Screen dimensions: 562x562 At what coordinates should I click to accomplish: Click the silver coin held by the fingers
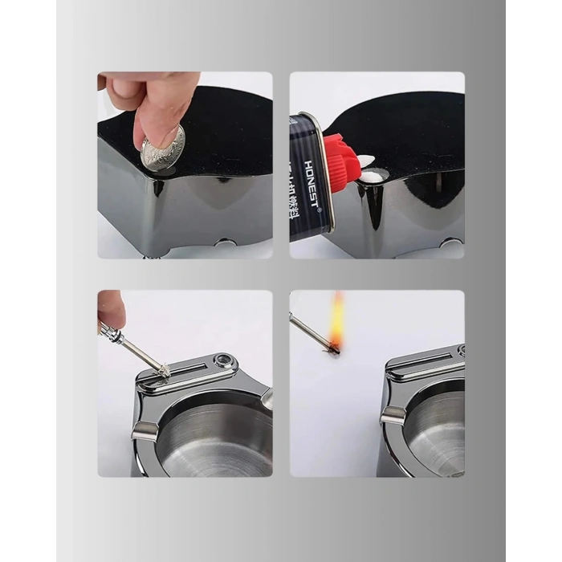click(x=164, y=149)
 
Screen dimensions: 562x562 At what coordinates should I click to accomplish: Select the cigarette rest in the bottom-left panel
click(x=144, y=434)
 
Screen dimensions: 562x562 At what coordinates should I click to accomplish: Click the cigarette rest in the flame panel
click(x=392, y=415)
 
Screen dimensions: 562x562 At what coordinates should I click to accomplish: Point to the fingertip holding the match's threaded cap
click(x=109, y=310)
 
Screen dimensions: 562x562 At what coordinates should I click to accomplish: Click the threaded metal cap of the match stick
click(x=110, y=330)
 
